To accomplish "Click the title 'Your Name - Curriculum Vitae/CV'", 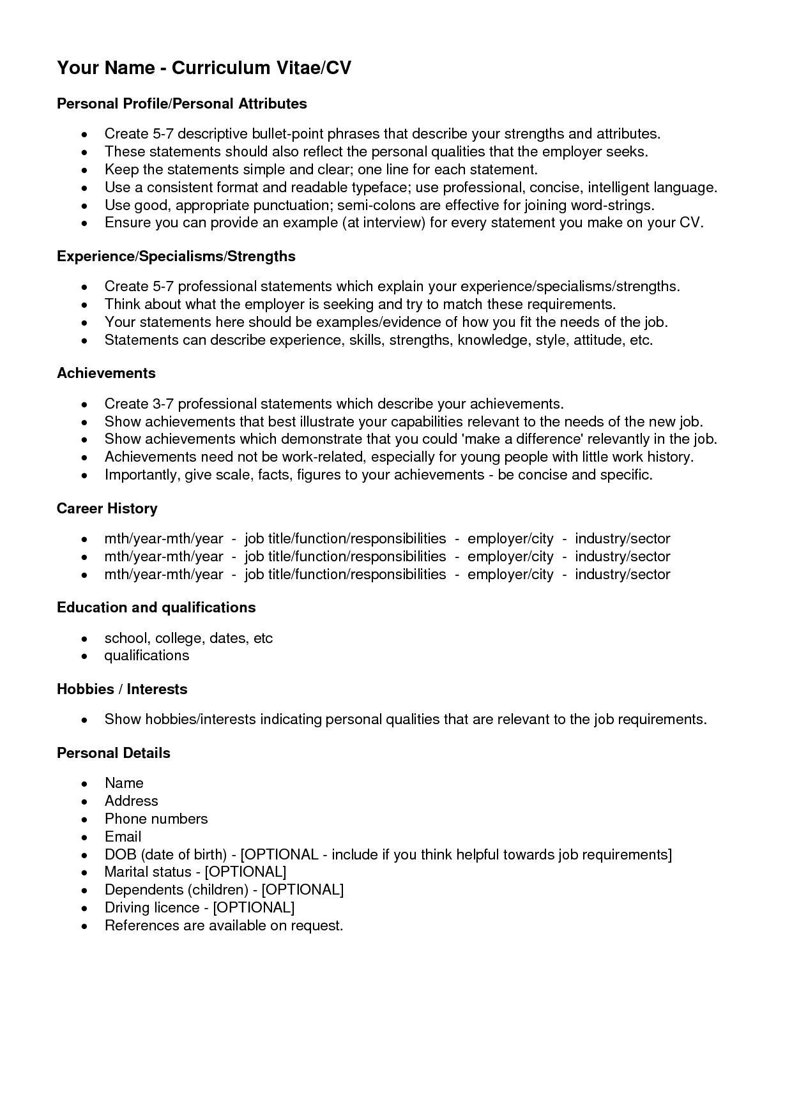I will click(x=204, y=68).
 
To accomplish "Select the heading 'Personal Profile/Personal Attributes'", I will click(x=181, y=103).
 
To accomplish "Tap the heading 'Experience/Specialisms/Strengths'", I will click(x=176, y=256).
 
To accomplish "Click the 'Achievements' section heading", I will click(x=106, y=373).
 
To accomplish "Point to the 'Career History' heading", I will click(x=107, y=508).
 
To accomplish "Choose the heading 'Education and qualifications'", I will click(x=156, y=607).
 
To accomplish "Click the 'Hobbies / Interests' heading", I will click(x=121, y=689).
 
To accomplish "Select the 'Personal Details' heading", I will click(x=113, y=753).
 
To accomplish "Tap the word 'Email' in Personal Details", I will click(x=123, y=836).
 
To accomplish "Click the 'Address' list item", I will click(x=131, y=801).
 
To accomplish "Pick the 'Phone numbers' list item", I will click(x=156, y=819).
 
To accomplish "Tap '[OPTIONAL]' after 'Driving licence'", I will click(x=254, y=907).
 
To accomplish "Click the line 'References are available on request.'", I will click(x=224, y=925).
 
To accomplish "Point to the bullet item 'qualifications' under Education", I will click(x=146, y=655).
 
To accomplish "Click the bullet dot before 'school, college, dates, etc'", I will click(x=84, y=639).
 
